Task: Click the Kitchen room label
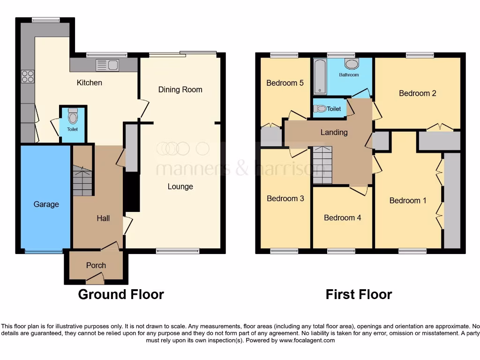click(x=89, y=83)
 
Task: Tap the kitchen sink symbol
click(x=107, y=65)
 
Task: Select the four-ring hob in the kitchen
click(x=28, y=76)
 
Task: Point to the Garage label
click(x=46, y=204)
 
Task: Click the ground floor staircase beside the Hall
click(x=82, y=181)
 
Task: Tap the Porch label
click(x=96, y=265)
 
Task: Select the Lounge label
click(x=180, y=187)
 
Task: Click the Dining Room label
click(x=180, y=90)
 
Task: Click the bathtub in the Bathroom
click(x=320, y=76)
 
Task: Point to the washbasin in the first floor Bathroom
click(x=351, y=64)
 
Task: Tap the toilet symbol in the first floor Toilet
click(x=320, y=109)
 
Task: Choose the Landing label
click(x=334, y=132)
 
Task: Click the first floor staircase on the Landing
click(x=322, y=165)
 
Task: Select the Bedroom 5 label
click(x=285, y=83)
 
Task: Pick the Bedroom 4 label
click(x=343, y=217)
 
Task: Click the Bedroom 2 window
click(x=420, y=55)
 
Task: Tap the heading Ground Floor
click(x=121, y=294)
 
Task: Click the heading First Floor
click(x=359, y=294)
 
